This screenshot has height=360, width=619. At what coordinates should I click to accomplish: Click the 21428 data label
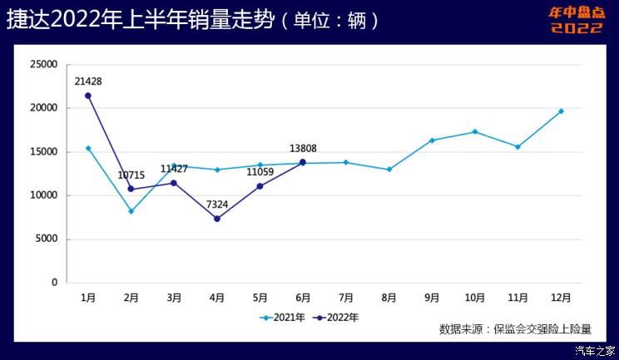87,81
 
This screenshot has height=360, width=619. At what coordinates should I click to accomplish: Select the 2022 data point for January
87,96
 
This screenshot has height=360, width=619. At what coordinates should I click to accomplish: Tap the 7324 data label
216,205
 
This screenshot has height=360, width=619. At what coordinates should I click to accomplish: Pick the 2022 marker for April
216,219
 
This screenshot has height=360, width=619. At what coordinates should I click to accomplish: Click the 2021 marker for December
561,111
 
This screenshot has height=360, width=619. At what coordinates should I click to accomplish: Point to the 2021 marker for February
131,211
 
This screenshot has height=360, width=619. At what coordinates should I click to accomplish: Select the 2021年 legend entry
282,317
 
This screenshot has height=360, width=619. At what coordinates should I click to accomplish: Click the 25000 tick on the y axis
42,65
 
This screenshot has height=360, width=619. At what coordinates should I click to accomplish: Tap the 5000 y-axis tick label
45,239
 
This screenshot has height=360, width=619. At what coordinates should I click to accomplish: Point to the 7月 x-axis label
346,297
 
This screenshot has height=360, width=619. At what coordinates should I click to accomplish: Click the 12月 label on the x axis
561,297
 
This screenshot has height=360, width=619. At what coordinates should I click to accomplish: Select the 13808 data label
303,149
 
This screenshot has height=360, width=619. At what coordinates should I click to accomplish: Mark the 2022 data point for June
303,162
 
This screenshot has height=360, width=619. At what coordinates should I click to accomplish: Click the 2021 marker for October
475,131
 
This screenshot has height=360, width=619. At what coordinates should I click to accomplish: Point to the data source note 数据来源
515,329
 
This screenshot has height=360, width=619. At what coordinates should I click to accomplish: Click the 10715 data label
132,175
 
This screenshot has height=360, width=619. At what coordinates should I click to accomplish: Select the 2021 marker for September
432,141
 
